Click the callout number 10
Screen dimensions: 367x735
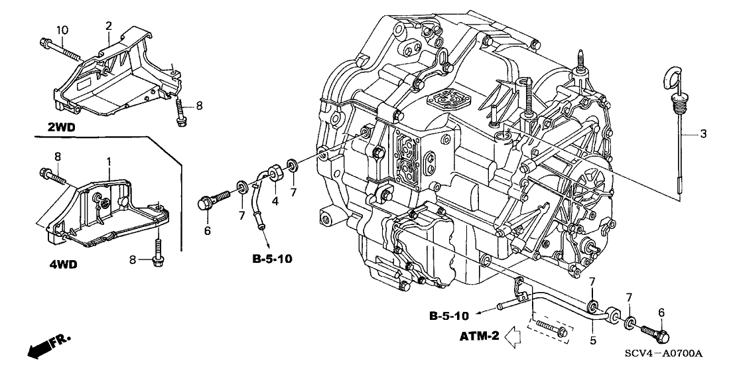pos(62,29)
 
